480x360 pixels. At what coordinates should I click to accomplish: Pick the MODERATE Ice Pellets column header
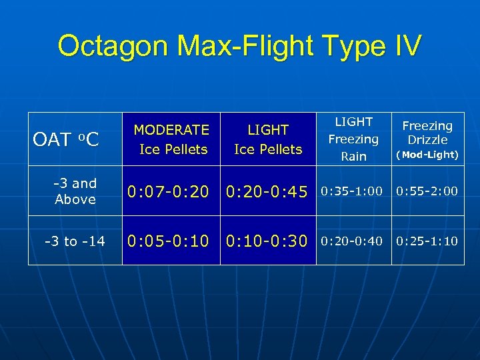171,139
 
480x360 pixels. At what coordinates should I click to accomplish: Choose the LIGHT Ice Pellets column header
268,139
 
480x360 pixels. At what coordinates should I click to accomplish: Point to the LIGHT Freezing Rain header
353,139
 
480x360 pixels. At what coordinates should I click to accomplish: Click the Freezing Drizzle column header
427,133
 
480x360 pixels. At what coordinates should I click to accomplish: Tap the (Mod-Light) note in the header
427,155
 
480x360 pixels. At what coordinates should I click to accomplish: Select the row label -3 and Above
75,191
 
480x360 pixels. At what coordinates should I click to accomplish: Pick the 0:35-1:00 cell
352,192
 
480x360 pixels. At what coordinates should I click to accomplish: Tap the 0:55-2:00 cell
427,192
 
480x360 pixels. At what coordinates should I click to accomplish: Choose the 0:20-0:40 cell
352,241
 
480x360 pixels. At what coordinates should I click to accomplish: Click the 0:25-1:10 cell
427,241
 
